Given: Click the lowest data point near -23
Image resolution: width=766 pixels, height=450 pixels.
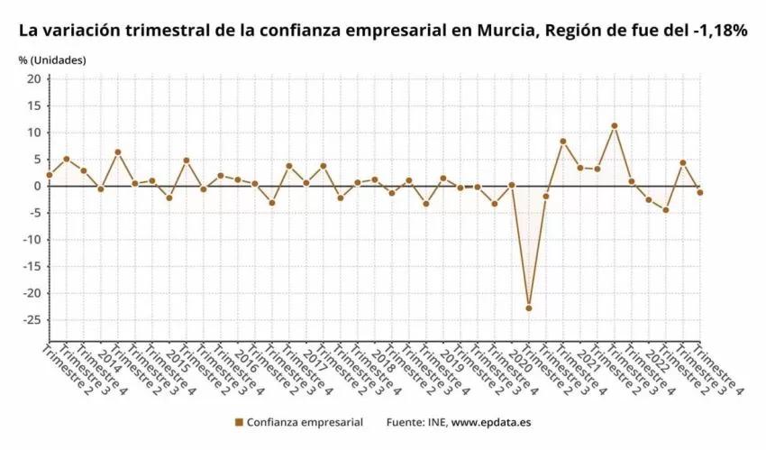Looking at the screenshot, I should click(528, 308).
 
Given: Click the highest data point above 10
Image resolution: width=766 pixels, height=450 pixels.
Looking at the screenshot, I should click(614, 126).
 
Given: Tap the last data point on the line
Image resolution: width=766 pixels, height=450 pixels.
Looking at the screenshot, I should click(699, 192).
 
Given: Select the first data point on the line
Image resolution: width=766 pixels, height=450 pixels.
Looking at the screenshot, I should click(49, 175).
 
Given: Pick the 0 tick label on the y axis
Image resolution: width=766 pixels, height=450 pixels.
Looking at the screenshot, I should click(37, 186).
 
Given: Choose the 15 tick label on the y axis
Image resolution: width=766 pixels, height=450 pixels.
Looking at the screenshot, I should click(33, 106).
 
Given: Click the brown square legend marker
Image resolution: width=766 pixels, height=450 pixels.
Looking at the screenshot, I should click(239, 422).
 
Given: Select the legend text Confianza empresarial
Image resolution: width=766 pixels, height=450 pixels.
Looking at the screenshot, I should click(305, 422).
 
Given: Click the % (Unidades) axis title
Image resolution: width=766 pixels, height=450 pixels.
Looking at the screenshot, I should click(52, 60).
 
